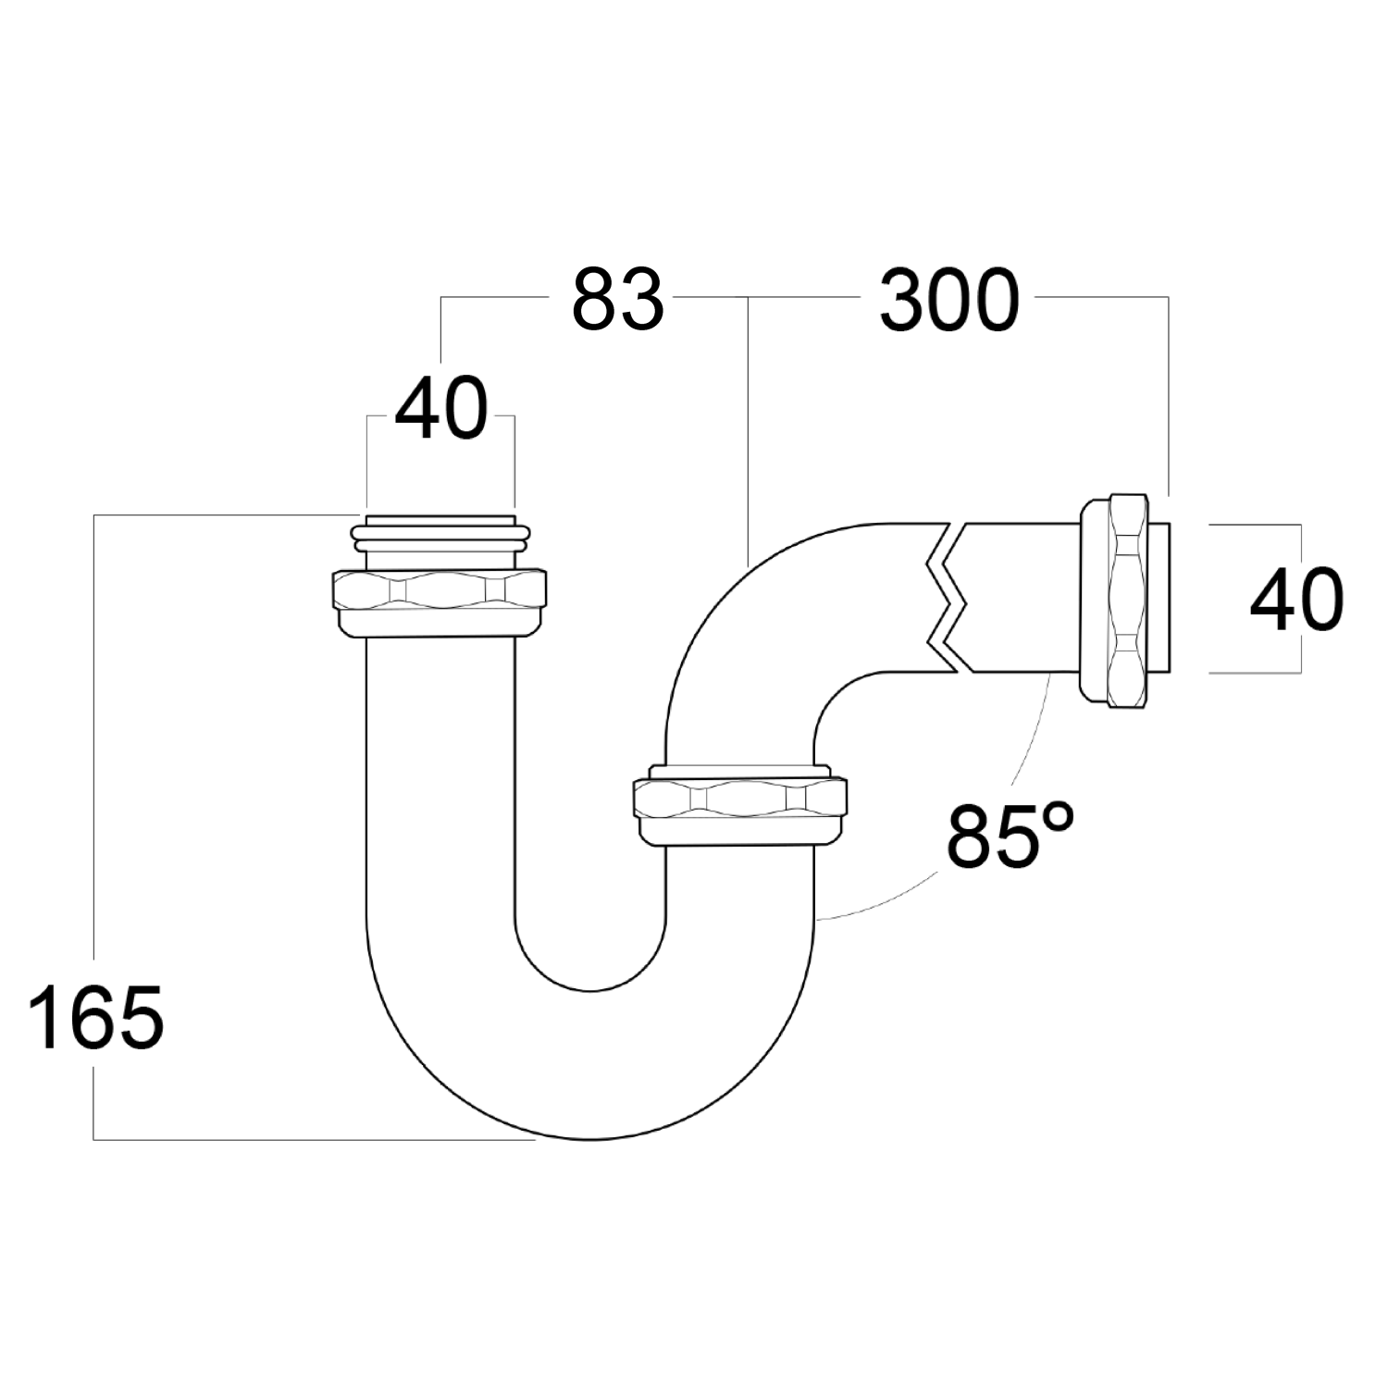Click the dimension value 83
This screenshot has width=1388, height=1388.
click(617, 300)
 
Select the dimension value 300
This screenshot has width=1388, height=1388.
click(948, 300)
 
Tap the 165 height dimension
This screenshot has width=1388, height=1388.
click(96, 1017)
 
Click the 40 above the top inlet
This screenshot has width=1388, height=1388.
click(440, 409)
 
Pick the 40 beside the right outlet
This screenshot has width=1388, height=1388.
click(1295, 601)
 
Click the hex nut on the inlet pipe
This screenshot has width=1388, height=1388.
click(439, 602)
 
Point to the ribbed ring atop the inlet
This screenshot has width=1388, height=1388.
click(440, 534)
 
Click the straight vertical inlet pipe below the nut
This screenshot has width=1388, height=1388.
click(440, 787)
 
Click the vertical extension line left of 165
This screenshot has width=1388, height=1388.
click(94, 740)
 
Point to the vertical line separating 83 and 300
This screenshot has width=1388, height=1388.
click(747, 426)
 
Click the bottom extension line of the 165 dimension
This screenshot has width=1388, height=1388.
click(315, 1139)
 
